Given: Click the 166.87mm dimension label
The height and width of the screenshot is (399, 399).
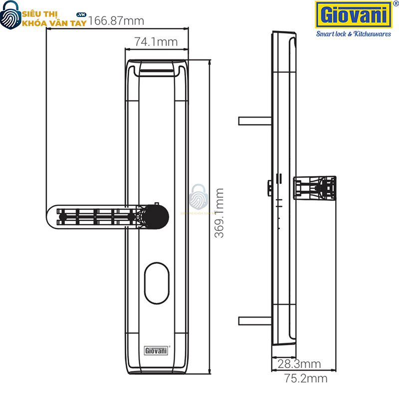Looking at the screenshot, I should pos(116,21).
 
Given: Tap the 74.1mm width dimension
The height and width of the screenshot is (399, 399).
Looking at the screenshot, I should pos(156,42).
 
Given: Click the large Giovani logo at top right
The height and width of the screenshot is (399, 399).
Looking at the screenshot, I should pos(352,15).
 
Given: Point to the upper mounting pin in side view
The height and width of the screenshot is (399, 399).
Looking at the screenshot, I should pos(255,121).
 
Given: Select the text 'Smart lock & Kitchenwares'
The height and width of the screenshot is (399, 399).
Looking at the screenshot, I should pos(354,34).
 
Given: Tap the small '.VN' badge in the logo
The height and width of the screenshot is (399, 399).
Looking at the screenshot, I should pos(82,16).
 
